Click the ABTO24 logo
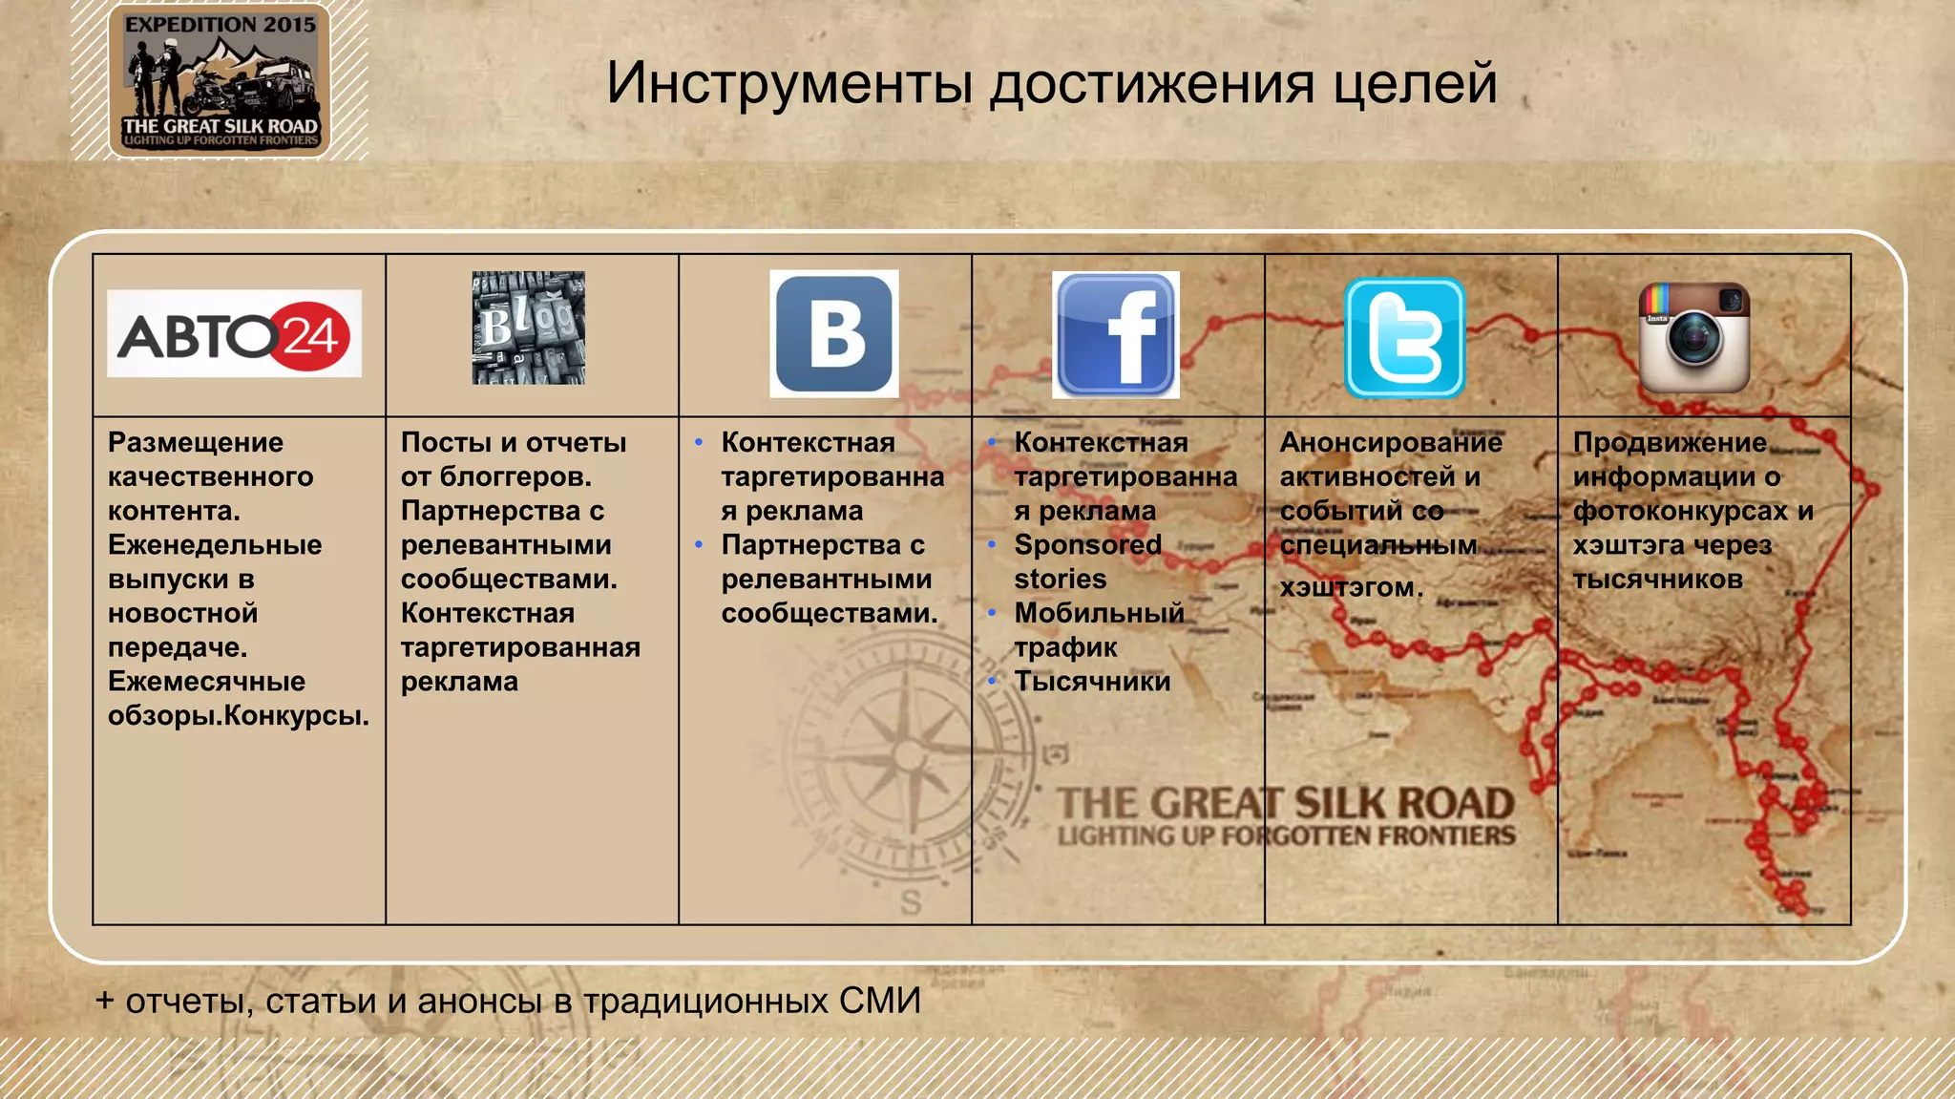pos(234,334)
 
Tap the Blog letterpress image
pos(528,328)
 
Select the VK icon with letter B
pos(834,333)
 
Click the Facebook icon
pos(1116,334)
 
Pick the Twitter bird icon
pos(1404,337)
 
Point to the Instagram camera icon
pos(1694,337)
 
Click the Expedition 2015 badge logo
pos(220,80)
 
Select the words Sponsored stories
pos(1087,561)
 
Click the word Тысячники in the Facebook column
pos(1092,682)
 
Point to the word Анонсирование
pos(1391,443)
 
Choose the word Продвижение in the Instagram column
pos(1670,443)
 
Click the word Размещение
pos(196,443)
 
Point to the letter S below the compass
pos(911,901)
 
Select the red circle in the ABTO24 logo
pos(310,336)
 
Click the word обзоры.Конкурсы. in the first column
pos(239,715)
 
